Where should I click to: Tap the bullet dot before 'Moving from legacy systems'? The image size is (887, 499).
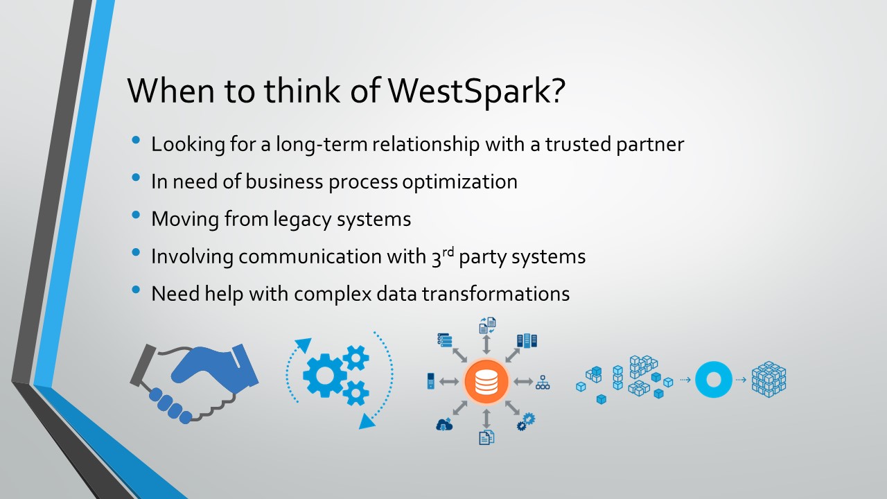(x=136, y=216)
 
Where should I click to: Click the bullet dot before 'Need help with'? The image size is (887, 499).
(x=136, y=290)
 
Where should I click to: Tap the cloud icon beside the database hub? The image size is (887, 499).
(x=444, y=424)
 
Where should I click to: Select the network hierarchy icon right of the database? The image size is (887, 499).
(x=543, y=382)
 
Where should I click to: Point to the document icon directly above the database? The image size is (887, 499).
(x=487, y=325)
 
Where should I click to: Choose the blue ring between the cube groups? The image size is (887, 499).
(x=714, y=379)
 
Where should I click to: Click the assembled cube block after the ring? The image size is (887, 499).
(x=769, y=379)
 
